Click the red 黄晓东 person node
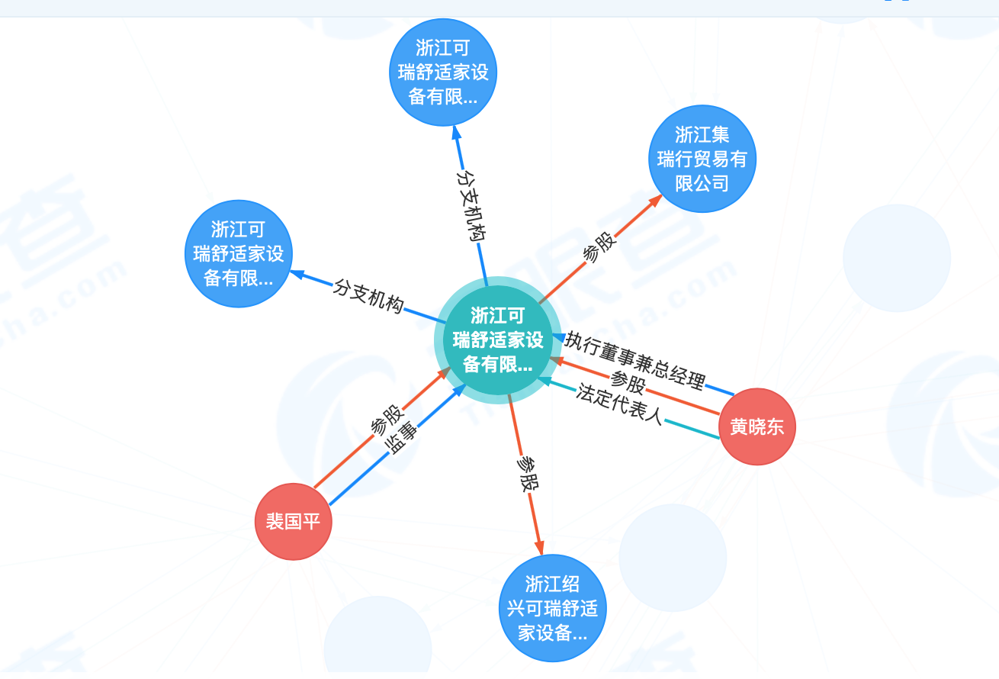tap(756, 426)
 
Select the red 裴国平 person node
tap(293, 522)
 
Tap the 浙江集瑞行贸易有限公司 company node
tap(702, 159)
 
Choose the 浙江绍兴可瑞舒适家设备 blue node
tap(552, 608)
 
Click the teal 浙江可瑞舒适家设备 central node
tap(497, 339)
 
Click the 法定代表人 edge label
tap(619, 404)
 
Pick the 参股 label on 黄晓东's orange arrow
tap(628, 381)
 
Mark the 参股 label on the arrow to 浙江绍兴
tap(526, 473)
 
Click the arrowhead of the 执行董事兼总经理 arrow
tap(559, 336)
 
